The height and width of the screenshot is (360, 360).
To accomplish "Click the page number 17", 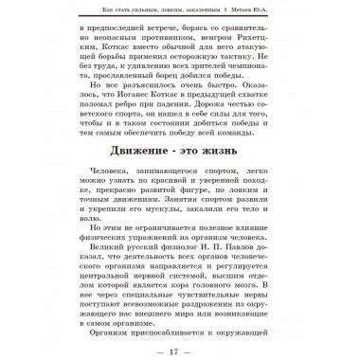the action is (x=180, y=341).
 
